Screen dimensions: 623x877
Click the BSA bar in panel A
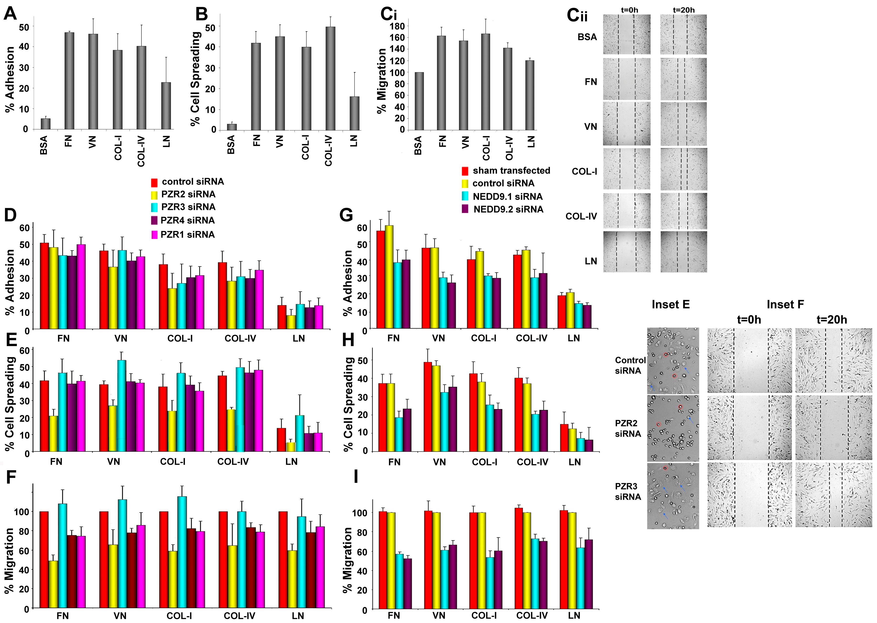[x=46, y=124]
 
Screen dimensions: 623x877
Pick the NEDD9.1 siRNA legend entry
[x=507, y=196]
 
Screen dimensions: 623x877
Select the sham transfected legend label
[x=511, y=170]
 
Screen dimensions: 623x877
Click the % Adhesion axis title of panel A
[x=10, y=79]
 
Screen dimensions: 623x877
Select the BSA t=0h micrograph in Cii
[x=626, y=34]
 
